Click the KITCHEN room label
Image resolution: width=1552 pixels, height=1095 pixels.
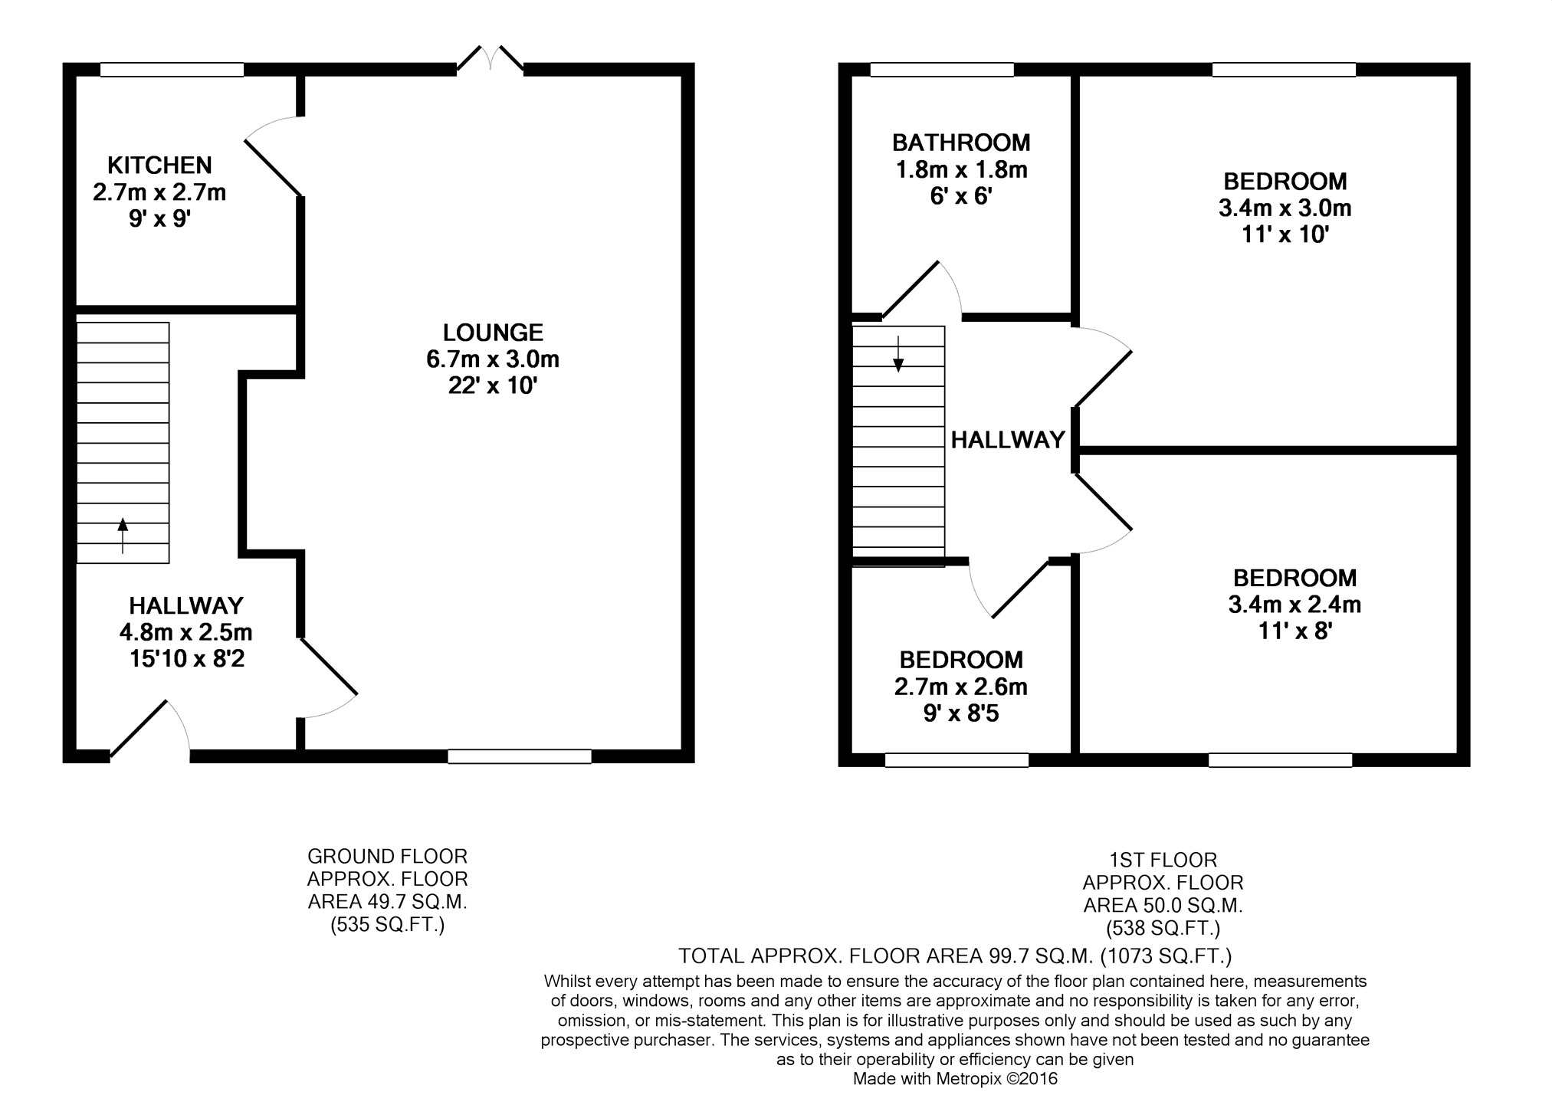[159, 165]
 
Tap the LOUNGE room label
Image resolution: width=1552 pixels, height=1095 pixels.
[493, 332]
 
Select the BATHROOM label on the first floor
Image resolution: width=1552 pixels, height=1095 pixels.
[961, 143]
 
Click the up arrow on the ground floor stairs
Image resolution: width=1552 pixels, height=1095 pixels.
[123, 535]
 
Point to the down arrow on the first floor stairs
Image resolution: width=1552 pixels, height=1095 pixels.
[898, 354]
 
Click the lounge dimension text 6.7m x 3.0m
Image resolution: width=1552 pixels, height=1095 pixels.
[493, 359]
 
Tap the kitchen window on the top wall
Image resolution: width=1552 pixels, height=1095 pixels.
[172, 70]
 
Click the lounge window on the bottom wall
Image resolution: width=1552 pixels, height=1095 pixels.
[520, 756]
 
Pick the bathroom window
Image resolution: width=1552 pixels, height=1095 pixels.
[942, 70]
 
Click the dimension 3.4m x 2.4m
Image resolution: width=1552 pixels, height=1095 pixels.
[1294, 605]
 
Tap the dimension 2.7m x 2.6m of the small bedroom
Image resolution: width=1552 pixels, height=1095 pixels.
[961, 687]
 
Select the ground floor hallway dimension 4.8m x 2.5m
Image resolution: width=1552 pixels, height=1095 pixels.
[186, 632]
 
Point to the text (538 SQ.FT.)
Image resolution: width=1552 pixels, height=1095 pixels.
[1163, 929]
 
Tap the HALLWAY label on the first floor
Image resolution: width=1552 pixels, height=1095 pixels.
[1008, 440]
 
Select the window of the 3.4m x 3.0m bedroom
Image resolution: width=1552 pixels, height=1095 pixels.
[1284, 70]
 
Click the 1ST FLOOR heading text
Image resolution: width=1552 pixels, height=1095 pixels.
[1163, 860]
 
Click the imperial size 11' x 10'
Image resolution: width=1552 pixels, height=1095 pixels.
[1285, 234]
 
